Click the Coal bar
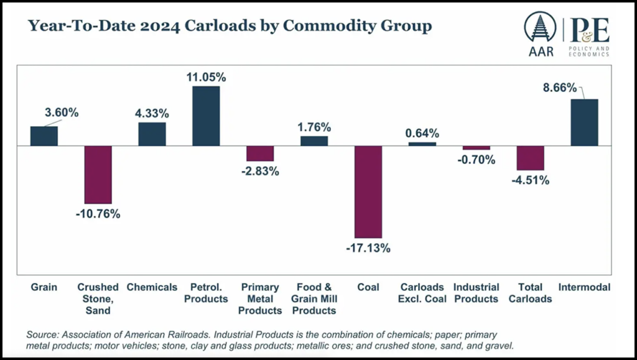click(368, 192)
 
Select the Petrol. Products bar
click(206, 116)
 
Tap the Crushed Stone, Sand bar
click(98, 175)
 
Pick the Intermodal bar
click(584, 122)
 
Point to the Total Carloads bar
click(530, 158)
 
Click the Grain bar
click(44, 136)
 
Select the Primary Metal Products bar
click(260, 154)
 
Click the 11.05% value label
click(206, 77)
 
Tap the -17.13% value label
click(369, 248)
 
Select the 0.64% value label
click(422, 133)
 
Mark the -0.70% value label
click(477, 160)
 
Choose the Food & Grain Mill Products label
click(314, 298)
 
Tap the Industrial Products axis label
click(477, 293)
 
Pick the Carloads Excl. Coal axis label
click(422, 293)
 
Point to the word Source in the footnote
click(44, 334)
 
